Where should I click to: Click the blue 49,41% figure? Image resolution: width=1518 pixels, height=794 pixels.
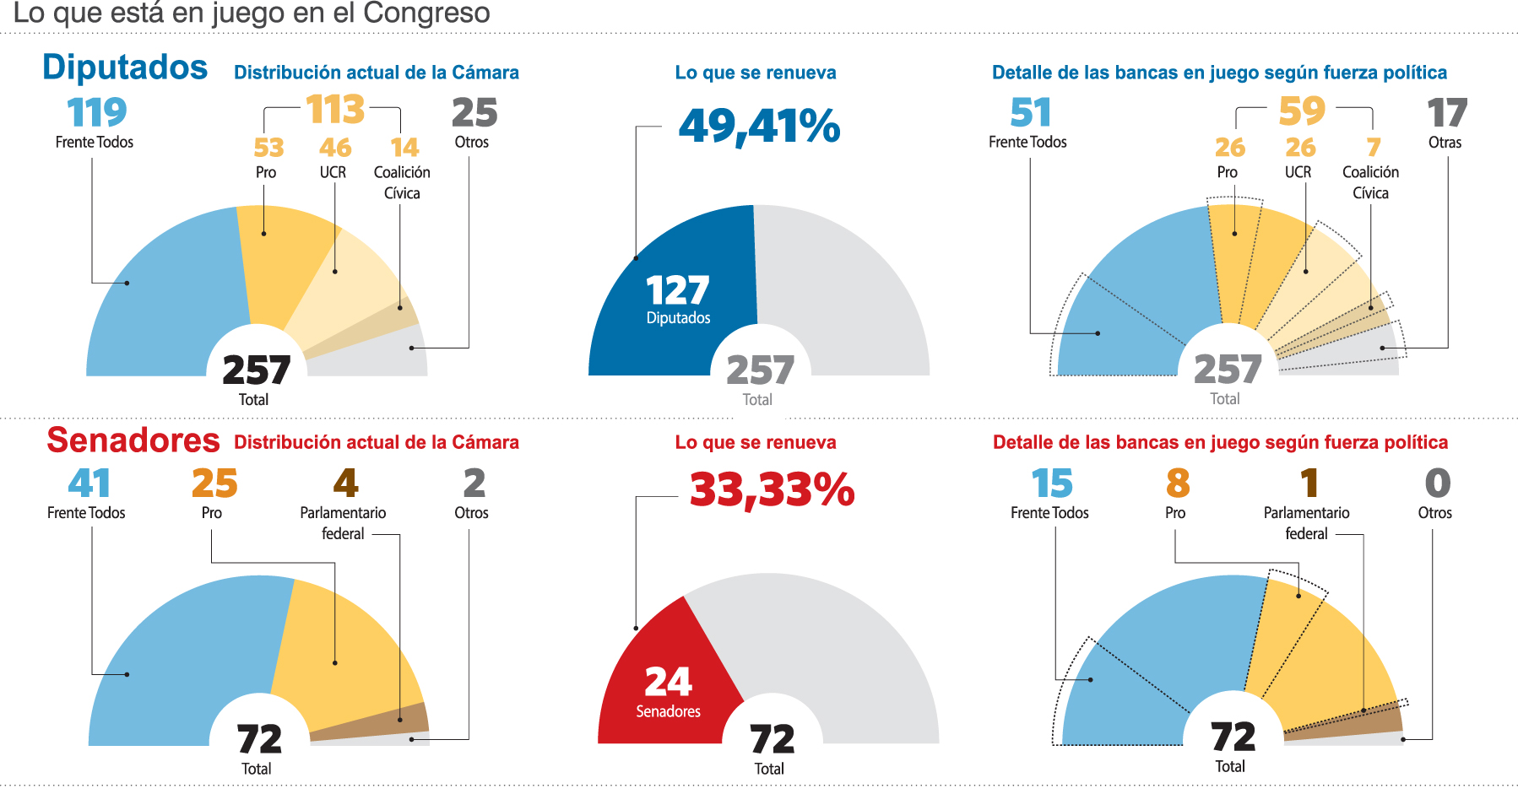pyautogui.click(x=759, y=127)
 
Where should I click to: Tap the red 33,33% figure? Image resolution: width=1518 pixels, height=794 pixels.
pyautogui.click(x=772, y=490)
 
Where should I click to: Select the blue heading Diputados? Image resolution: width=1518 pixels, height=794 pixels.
pyautogui.click(x=125, y=68)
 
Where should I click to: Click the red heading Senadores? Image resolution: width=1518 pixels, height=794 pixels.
pyautogui.click(x=133, y=440)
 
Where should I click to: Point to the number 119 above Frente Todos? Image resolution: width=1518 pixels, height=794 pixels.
pyautogui.click(x=96, y=112)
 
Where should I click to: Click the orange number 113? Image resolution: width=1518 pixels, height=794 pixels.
pyautogui.click(x=335, y=110)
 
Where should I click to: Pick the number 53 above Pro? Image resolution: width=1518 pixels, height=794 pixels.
pyautogui.click(x=268, y=149)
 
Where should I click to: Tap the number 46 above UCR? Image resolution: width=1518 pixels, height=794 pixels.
pyautogui.click(x=335, y=149)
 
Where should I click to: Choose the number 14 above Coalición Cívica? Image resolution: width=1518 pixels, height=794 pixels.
pyautogui.click(x=404, y=149)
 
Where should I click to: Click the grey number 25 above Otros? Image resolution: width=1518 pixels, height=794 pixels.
pyautogui.click(x=474, y=112)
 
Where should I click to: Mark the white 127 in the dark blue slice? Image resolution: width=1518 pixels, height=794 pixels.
pyautogui.click(x=677, y=291)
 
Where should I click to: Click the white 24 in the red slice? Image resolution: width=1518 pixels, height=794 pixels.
pyautogui.click(x=668, y=682)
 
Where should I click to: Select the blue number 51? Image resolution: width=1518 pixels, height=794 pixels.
pyautogui.click(x=1030, y=112)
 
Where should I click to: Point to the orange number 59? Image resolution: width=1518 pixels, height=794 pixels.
pyautogui.click(x=1302, y=111)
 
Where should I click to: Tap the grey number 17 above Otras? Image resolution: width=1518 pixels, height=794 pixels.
pyautogui.click(x=1447, y=113)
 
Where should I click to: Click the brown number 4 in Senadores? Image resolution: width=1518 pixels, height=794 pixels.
pyautogui.click(x=345, y=483)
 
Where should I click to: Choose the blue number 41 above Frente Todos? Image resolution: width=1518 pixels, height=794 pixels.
pyautogui.click(x=89, y=483)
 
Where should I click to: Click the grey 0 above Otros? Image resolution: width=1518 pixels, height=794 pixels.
pyautogui.click(x=1437, y=483)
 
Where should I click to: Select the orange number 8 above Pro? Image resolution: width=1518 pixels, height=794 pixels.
pyautogui.click(x=1178, y=483)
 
